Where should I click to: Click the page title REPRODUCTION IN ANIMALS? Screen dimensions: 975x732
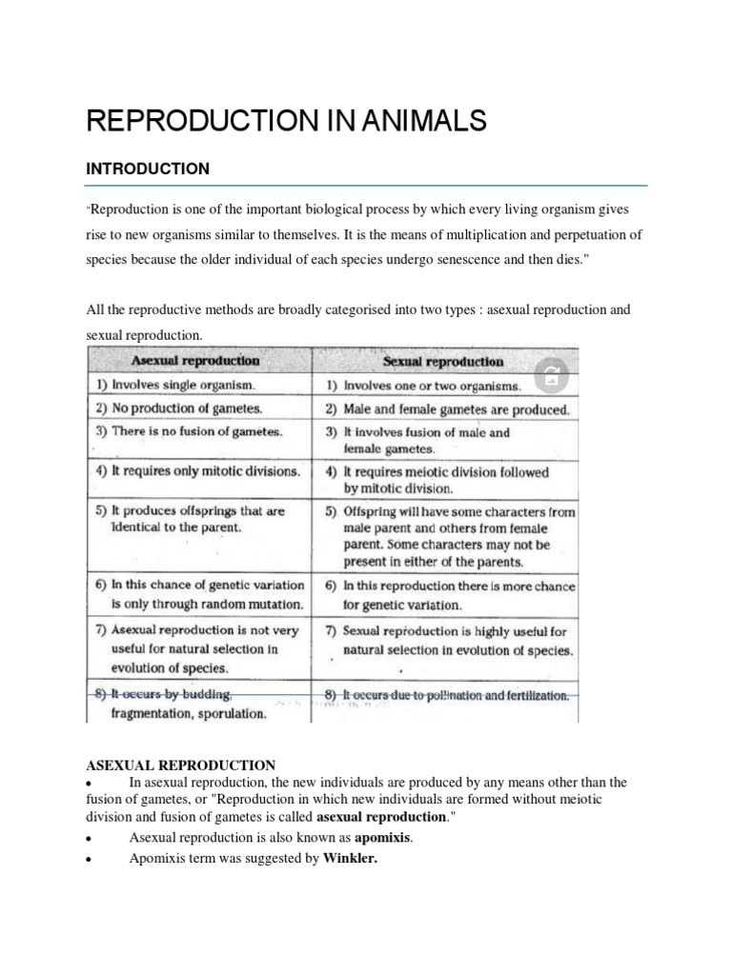[x=286, y=121]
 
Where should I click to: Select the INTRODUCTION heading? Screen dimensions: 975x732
[x=147, y=169]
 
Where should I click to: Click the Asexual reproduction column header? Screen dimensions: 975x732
[x=194, y=361]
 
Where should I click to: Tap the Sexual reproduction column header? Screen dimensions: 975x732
[x=442, y=362]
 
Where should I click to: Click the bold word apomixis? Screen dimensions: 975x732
[x=388, y=838]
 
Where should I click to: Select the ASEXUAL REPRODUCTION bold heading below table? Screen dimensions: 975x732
[x=181, y=765]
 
